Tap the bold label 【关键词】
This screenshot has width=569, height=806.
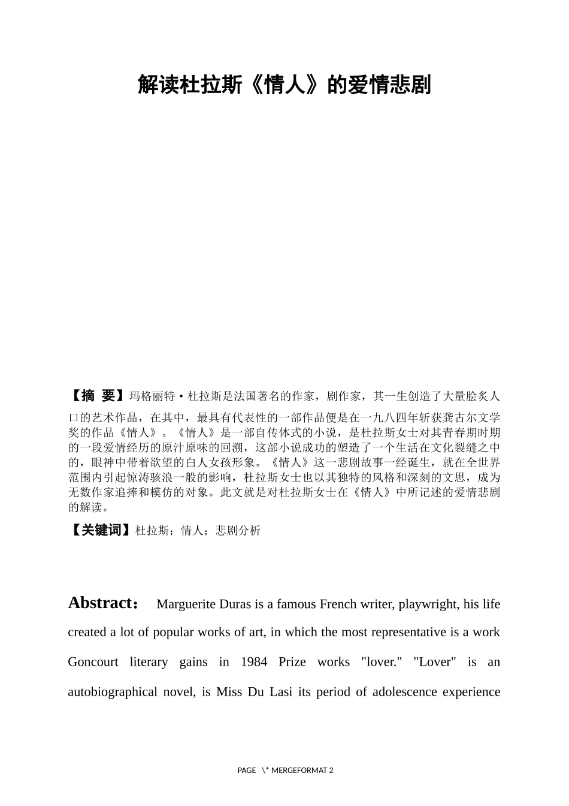101,530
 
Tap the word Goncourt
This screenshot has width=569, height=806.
93,662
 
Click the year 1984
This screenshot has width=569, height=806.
254,662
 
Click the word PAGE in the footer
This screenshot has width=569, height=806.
246,771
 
